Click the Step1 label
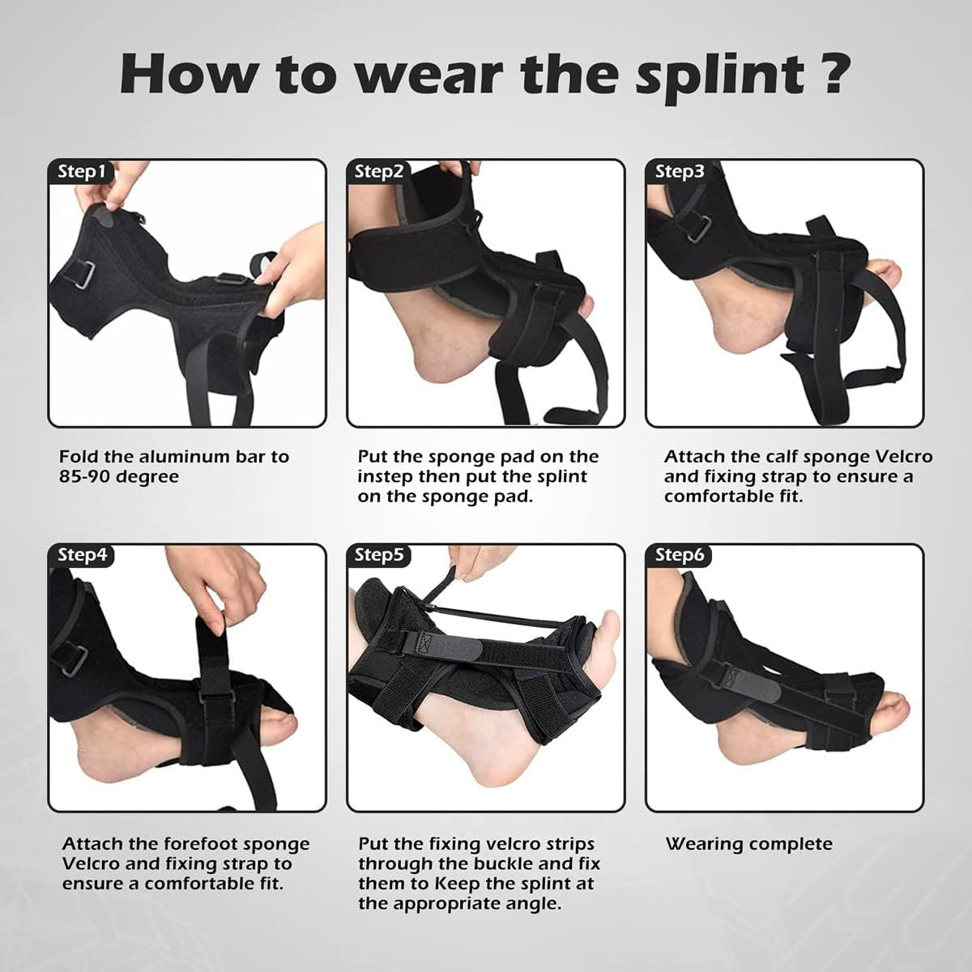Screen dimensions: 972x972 pyautogui.click(x=82, y=171)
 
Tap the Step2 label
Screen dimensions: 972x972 pyautogui.click(x=379, y=171)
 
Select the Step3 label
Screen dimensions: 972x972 pyautogui.click(x=680, y=171)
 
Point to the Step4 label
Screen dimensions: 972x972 pyautogui.click(x=82, y=555)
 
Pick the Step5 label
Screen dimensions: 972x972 pyautogui.click(x=379, y=555)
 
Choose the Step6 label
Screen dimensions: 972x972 pyautogui.click(x=680, y=555)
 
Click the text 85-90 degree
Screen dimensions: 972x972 pyautogui.click(x=118, y=476)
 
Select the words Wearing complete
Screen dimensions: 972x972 pyautogui.click(x=748, y=844)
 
